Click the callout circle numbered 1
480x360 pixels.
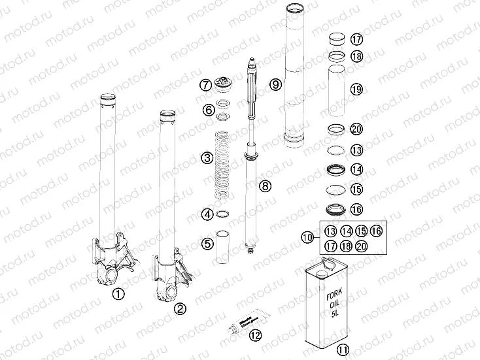coord(118,293)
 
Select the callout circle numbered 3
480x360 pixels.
coord(207,157)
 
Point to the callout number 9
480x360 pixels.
coord(275,84)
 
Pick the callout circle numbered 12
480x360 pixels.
coord(255,335)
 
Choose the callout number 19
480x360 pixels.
coord(356,90)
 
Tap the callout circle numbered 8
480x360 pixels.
coord(265,187)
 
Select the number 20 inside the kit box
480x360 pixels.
coord(362,246)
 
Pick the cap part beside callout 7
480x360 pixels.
coord(225,85)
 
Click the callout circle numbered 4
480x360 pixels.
coord(207,214)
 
